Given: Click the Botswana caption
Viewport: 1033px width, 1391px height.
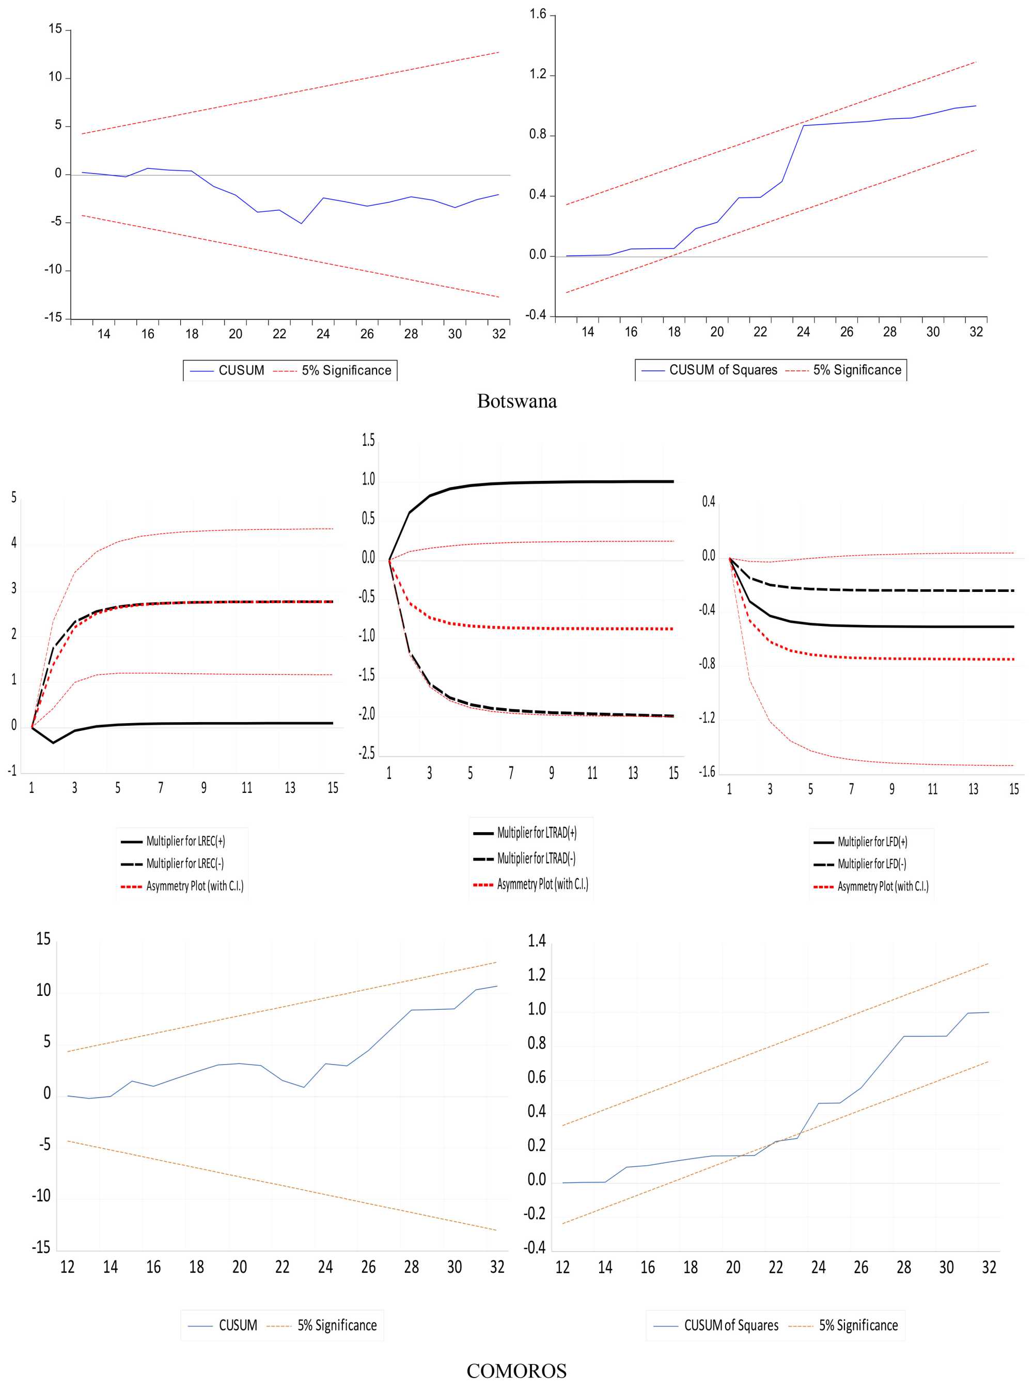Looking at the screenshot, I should click(516, 401).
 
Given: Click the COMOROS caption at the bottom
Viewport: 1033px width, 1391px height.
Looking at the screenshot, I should click(516, 1370).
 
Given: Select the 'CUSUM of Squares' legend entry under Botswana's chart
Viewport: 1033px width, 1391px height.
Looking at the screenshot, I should click(723, 370).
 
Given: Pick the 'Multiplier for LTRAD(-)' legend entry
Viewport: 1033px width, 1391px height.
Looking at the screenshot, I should click(536, 858).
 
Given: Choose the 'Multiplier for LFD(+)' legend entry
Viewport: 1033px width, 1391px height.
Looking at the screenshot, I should click(872, 841).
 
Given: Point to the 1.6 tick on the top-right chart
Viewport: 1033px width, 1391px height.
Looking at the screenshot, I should click(538, 14).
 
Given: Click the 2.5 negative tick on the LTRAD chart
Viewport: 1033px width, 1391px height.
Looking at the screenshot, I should click(367, 753).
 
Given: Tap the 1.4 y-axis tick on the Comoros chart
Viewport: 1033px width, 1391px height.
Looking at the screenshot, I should click(537, 941).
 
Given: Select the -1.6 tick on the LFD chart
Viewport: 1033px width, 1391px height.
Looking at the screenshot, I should click(707, 772).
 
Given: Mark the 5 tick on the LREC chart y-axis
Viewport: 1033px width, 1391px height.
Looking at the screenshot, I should click(14, 497).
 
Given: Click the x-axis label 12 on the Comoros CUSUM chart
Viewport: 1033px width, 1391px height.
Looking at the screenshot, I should click(67, 1267).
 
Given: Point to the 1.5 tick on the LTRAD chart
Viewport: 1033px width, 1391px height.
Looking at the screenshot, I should click(368, 441).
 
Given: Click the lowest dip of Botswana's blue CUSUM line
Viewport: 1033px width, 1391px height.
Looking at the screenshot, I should click(302, 223).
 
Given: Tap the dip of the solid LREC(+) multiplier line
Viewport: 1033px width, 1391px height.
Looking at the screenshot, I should click(53, 743).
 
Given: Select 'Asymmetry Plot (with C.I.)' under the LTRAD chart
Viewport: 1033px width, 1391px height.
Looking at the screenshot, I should click(542, 884).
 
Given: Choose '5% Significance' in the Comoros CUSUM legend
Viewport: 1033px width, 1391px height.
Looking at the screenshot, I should click(336, 1325).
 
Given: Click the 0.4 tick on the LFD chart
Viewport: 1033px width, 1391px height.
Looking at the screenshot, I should click(709, 502).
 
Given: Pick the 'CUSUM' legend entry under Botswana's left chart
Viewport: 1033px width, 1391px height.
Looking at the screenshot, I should click(241, 371).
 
